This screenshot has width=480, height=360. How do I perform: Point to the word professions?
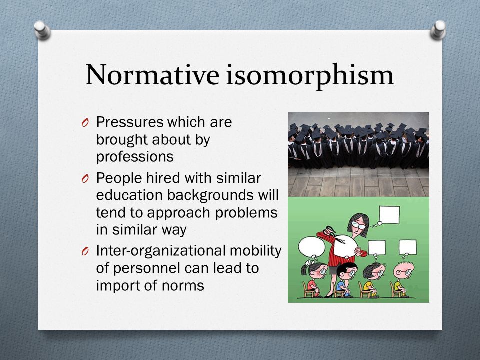[x=134, y=156]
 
